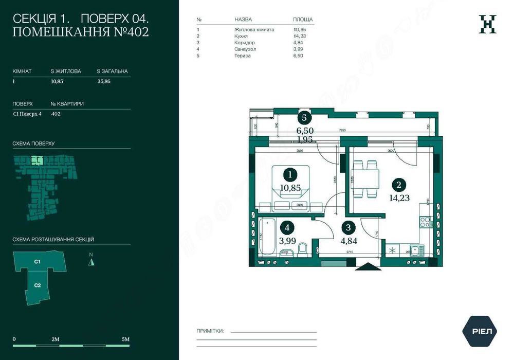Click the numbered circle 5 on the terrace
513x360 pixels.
(x=304, y=118)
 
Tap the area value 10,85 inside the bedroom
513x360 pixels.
(x=290, y=188)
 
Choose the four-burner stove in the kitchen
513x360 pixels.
(x=426, y=222)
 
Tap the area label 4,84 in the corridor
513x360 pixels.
(x=349, y=240)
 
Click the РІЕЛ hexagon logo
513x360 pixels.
(x=482, y=331)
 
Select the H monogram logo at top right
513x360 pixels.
(x=487, y=24)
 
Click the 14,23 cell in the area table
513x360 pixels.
(x=299, y=36)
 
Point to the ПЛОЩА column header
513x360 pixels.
(x=303, y=20)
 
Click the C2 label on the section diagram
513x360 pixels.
(x=38, y=285)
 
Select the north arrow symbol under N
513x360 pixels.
(x=91, y=262)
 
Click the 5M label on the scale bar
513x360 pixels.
(x=125, y=339)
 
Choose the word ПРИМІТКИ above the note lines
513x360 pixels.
(x=210, y=332)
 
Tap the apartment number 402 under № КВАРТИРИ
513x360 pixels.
(x=56, y=114)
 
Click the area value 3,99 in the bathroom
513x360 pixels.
(x=288, y=240)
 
